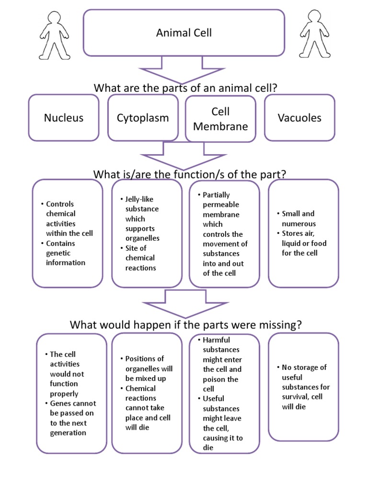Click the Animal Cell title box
click(x=184, y=33)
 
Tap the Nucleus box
click(x=64, y=118)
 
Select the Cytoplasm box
click(x=143, y=118)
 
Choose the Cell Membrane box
click(x=220, y=119)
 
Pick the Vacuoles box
click(x=299, y=118)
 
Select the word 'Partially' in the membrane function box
click(x=216, y=195)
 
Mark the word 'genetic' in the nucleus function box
click(x=59, y=253)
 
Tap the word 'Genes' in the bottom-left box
click(x=60, y=403)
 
